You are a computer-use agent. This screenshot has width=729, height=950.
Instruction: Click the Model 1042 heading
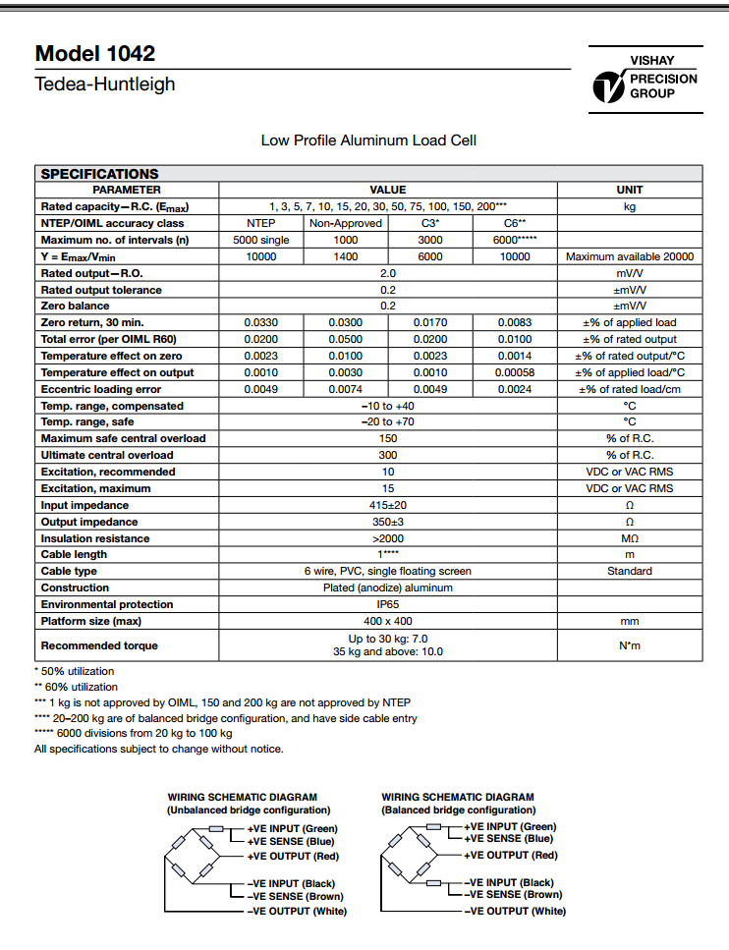point(95,54)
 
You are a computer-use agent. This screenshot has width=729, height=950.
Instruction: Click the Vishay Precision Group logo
point(645,80)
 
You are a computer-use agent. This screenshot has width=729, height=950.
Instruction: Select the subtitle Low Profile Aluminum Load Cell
point(368,140)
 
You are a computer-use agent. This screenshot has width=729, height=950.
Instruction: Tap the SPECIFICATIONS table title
point(99,174)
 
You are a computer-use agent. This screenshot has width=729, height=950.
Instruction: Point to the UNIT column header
point(630,190)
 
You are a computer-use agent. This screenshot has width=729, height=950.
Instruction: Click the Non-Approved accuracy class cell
point(346,223)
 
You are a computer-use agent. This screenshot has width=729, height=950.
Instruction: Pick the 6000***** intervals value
point(515,240)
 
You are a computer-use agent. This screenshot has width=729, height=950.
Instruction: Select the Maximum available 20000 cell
point(630,256)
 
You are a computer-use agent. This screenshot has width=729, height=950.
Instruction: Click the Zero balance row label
point(75,307)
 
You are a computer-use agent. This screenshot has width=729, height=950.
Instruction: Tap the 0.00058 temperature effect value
point(515,372)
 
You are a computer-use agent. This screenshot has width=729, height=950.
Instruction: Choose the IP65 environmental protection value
point(387,604)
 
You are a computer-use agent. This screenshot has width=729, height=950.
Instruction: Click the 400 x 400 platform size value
point(387,621)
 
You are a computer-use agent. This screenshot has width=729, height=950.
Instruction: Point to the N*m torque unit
point(630,645)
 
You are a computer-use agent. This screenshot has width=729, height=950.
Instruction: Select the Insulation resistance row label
point(94,538)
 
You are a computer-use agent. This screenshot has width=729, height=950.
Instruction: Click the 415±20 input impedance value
point(387,505)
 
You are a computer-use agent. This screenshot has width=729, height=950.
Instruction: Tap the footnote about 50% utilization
point(75,671)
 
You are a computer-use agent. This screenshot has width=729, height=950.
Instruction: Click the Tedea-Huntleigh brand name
point(105,84)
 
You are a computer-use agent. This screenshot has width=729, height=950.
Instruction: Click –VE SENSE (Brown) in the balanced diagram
point(513,895)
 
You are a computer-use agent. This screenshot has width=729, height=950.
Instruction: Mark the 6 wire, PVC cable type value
point(387,571)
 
